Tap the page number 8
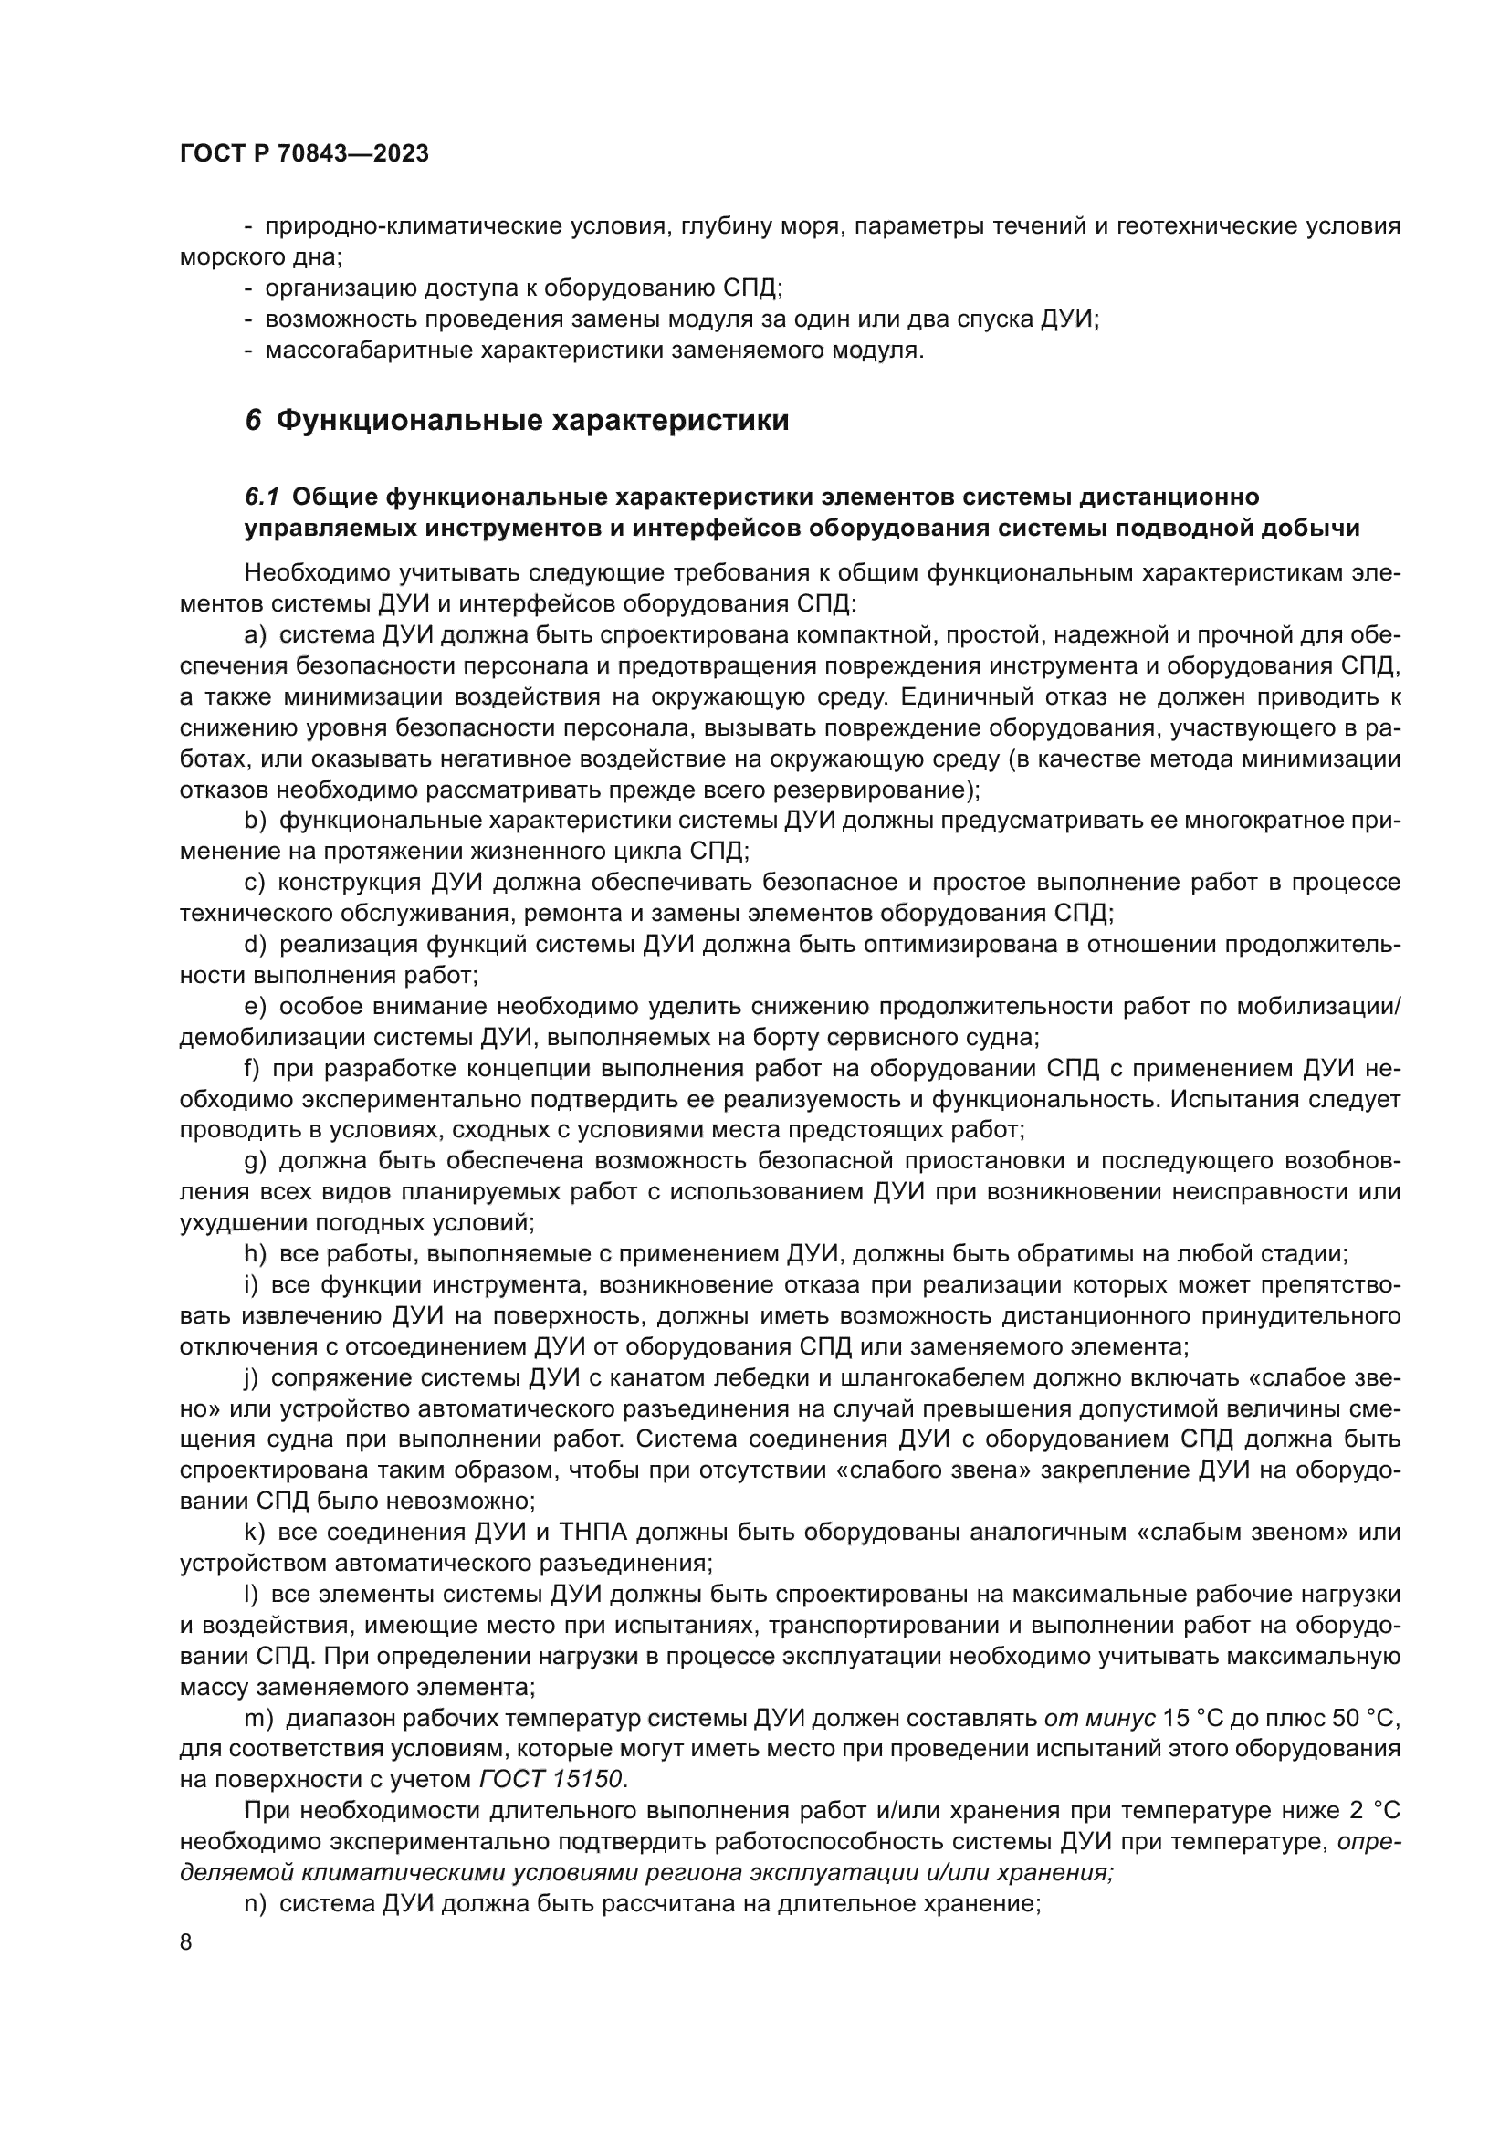click(x=186, y=1942)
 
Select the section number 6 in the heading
click(x=252, y=421)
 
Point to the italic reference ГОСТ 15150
click(x=552, y=1780)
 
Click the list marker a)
click(x=256, y=636)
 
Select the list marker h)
click(x=256, y=1253)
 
